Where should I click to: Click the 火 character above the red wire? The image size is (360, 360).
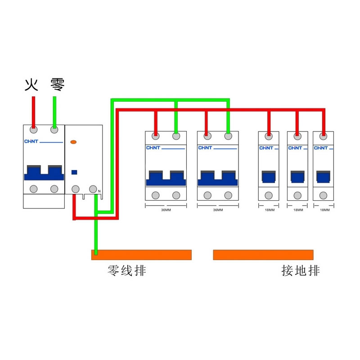click(31, 85)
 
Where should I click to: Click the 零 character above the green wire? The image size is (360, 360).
click(57, 84)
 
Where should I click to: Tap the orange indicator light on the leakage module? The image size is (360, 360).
click(74, 142)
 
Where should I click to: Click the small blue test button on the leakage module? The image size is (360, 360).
click(74, 172)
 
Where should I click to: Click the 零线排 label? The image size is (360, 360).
click(127, 270)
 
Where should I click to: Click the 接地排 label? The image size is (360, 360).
click(301, 270)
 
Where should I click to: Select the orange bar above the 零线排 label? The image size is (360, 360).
click(141, 255)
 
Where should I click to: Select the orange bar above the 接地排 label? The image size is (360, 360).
click(263, 255)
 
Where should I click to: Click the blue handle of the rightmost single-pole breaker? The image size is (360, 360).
click(323, 176)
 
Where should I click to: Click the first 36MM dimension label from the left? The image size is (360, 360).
click(166, 210)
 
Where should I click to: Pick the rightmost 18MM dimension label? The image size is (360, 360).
click(324, 210)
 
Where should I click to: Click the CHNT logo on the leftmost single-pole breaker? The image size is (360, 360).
click(266, 148)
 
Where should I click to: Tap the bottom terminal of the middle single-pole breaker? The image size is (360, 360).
click(297, 195)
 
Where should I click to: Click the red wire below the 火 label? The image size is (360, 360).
click(33, 110)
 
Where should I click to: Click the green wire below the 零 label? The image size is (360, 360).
click(54, 110)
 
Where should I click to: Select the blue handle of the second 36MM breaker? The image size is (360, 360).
click(218, 178)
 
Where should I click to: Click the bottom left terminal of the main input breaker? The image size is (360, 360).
click(34, 189)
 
